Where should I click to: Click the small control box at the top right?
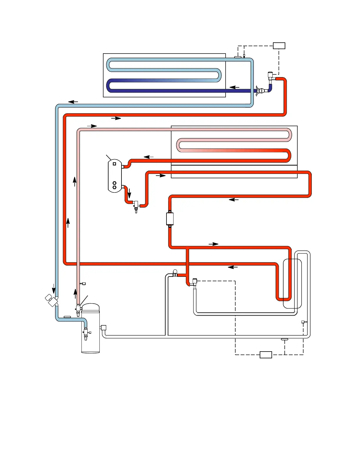pos(279,46)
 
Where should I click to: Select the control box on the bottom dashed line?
pos(266,355)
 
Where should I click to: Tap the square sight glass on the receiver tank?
pos(114,164)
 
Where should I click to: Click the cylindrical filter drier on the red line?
pos(170,219)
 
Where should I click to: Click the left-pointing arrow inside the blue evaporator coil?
pos(234,87)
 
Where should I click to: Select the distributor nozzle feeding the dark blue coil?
pos(261,90)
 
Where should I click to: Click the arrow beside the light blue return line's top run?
pos(73,102)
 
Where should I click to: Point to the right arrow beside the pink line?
pos(92,126)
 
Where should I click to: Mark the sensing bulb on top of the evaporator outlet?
pos(238,57)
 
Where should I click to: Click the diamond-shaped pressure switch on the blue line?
pos(52,300)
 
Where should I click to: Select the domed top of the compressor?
pos(91,307)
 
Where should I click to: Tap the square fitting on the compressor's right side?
pos(103,327)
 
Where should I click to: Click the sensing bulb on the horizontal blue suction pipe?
pos(67,317)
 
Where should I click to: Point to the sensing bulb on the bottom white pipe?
pos(284,339)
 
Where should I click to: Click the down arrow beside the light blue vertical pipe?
pos(54,288)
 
